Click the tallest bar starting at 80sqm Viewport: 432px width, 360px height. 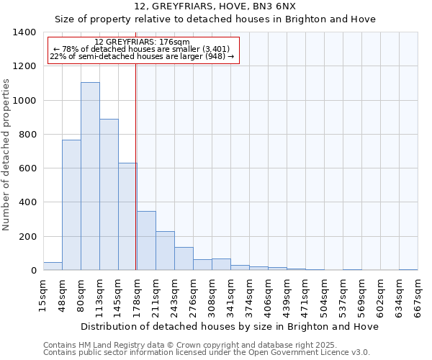tap(90, 176)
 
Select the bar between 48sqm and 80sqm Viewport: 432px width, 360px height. tap(71, 205)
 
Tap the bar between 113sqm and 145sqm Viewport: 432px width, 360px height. tap(109, 194)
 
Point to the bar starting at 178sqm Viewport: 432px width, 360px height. tap(146, 240)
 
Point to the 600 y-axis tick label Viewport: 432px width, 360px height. tap(29, 168)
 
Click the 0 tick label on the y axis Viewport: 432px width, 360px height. tap(34, 271)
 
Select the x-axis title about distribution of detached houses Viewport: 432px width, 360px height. tap(230, 326)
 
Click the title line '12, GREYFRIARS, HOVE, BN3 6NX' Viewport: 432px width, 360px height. tap(215, 6)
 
